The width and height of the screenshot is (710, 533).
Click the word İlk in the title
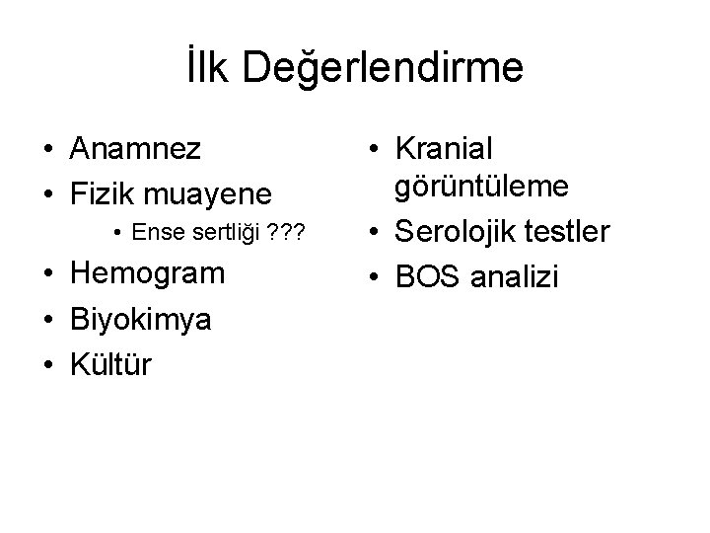[x=208, y=70]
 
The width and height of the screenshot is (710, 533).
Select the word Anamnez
[x=136, y=149]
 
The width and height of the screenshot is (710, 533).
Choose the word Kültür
[x=110, y=364]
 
